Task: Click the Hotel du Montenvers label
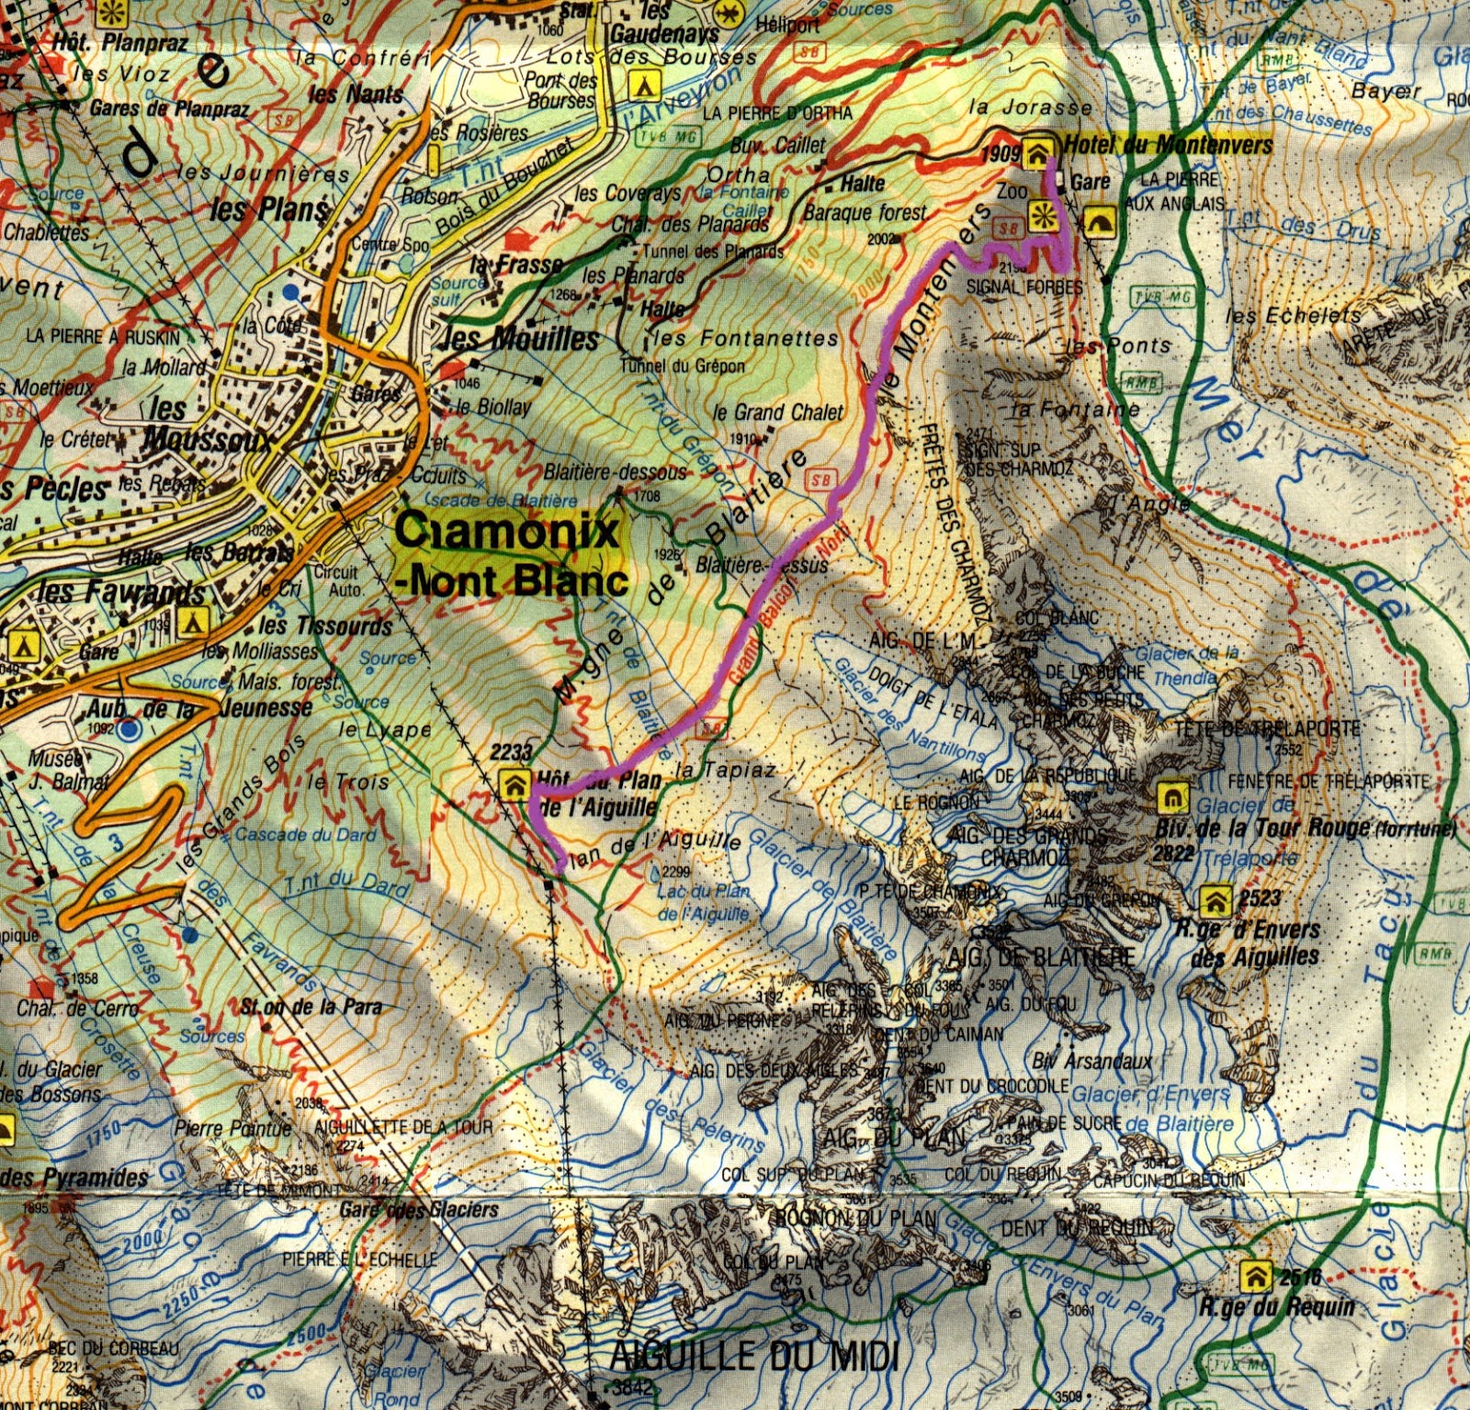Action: [x=1168, y=145]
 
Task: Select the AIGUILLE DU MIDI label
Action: [x=753, y=1357]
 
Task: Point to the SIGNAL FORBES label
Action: [x=1024, y=287]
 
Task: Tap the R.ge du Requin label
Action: [x=1277, y=1306]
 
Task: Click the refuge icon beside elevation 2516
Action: [x=1254, y=1275]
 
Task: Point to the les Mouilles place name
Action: [x=520, y=339]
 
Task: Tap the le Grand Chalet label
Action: [x=777, y=412]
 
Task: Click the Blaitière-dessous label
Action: [x=615, y=472]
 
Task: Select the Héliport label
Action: [x=787, y=26]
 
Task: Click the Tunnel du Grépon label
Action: [x=683, y=366]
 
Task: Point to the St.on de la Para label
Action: [x=311, y=1007]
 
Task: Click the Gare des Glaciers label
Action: [x=419, y=1210]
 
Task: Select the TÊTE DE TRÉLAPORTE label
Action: [x=1267, y=728]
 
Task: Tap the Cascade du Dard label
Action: [x=306, y=835]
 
